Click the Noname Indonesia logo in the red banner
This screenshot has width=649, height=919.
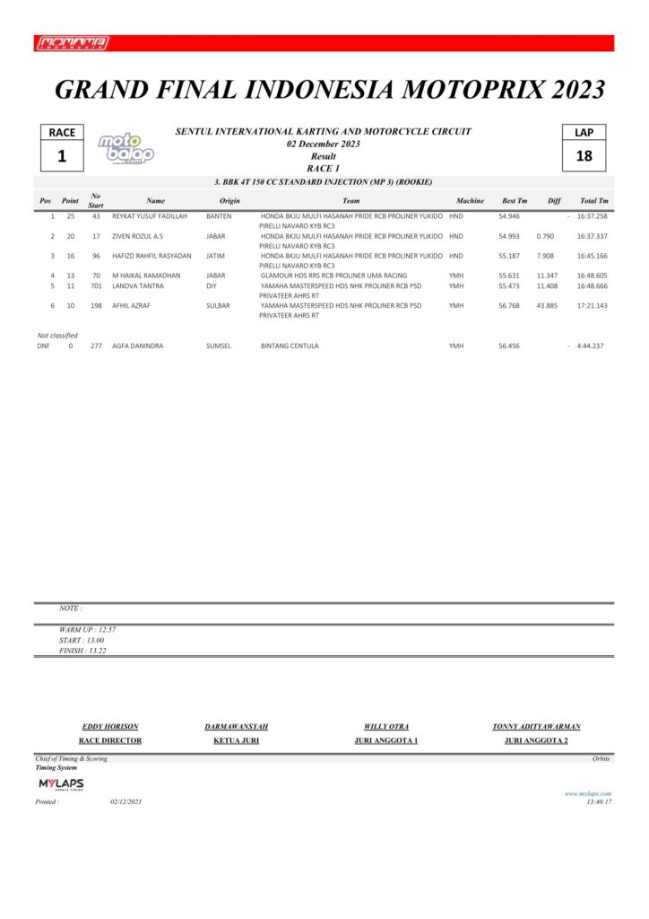tap(74, 43)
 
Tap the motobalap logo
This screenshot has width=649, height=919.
tap(125, 149)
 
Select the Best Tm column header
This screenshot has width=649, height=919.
tap(515, 201)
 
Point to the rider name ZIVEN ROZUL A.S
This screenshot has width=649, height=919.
tap(137, 236)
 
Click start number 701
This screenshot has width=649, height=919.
tap(96, 286)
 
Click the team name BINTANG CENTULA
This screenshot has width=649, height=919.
tap(290, 346)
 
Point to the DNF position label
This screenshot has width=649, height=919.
tap(43, 346)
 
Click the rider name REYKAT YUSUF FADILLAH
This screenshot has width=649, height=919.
tap(150, 216)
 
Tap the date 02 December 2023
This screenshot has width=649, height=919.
tap(323, 144)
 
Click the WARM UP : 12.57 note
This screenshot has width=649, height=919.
tap(87, 629)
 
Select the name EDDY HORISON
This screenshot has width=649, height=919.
tap(110, 726)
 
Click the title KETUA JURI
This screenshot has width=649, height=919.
tap(236, 740)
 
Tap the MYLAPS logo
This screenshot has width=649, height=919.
tap(61, 784)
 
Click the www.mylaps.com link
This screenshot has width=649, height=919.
tap(587, 793)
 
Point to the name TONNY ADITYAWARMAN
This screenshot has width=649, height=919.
tap(536, 726)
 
